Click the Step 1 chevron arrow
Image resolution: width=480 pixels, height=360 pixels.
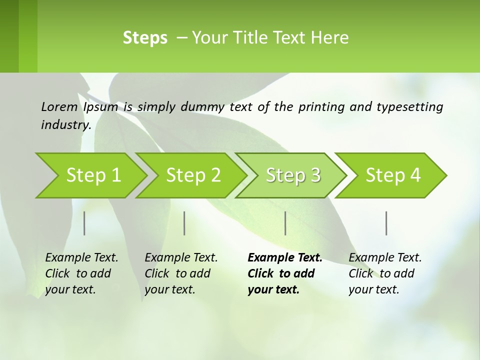point(93,175)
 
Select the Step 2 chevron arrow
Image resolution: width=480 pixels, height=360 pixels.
point(193,175)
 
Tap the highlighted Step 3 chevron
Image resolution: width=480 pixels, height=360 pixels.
point(293,175)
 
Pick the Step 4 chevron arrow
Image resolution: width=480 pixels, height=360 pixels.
point(393,175)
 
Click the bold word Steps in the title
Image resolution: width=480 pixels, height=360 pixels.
point(145,38)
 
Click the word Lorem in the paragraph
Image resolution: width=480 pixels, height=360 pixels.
point(59,106)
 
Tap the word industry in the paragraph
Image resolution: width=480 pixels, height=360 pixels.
point(65,124)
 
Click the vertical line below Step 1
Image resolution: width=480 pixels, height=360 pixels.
point(84,223)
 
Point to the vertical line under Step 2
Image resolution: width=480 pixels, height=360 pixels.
point(184,223)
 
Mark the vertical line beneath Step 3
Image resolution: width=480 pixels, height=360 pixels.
point(285,223)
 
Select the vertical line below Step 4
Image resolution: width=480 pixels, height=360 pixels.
point(386,223)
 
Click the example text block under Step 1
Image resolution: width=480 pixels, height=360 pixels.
point(81,273)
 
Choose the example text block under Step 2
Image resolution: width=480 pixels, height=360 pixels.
point(181,273)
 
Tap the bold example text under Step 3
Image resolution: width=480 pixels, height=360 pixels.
point(284,273)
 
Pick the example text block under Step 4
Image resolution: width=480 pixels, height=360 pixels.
point(385,273)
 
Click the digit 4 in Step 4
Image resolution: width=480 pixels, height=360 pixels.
point(415,175)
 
